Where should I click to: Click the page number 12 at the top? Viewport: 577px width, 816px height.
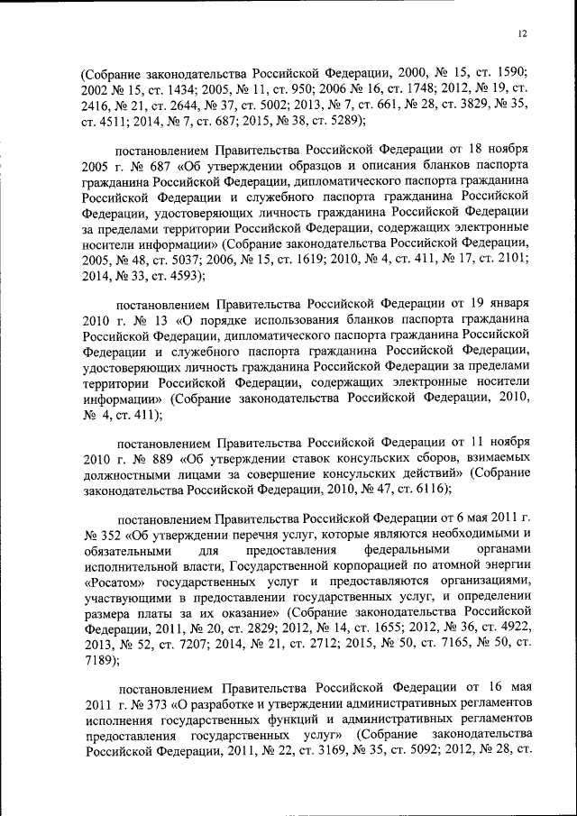tap(522, 33)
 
